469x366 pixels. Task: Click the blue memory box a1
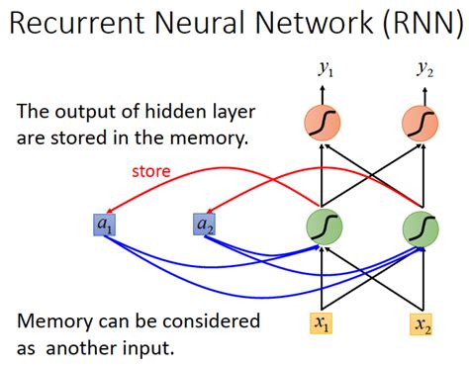104,227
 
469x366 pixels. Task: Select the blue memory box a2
204,227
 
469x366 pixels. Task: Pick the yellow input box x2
422,323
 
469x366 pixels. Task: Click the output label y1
326,68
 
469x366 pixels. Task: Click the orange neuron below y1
326,124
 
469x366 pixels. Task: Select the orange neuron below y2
422,124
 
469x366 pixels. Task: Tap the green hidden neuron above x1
326,228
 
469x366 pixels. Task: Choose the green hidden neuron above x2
422,228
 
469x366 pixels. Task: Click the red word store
150,171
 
